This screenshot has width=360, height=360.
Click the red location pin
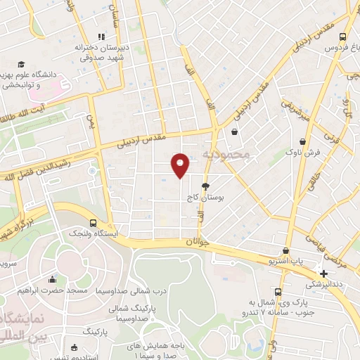click(181, 165)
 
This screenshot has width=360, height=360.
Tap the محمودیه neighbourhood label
click(226, 153)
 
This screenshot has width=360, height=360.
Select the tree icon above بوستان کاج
click(205, 186)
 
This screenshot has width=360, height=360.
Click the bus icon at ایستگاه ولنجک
click(94, 222)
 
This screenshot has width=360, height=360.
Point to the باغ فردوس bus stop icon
click(342, 37)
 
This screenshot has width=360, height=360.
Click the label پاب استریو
click(285, 261)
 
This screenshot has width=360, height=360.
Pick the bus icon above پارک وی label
click(278, 291)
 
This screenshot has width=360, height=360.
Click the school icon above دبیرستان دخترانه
click(101, 37)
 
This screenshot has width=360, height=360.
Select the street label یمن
click(89, 122)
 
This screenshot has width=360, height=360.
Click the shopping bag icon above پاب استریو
click(285, 250)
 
